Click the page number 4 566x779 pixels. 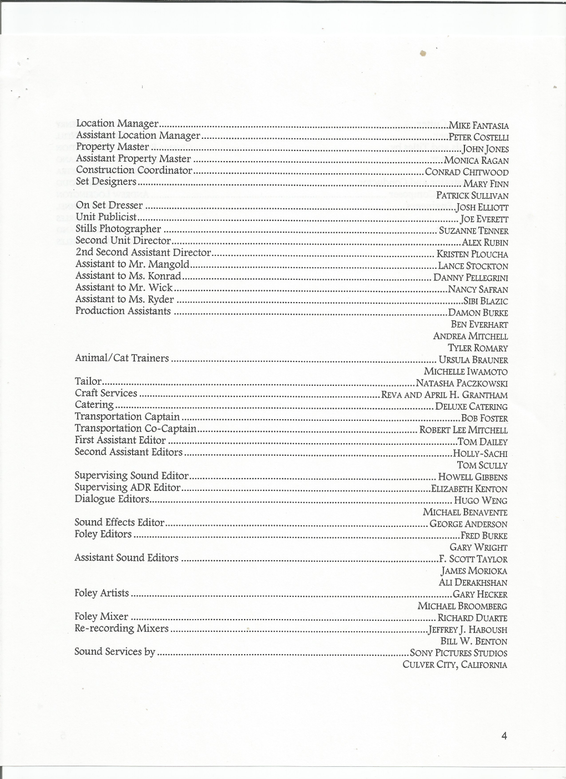tap(504, 736)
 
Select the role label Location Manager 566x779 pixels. tap(118, 123)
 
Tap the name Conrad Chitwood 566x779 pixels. tap(467, 172)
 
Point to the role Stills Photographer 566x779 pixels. tap(118, 229)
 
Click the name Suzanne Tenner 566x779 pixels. tap(473, 230)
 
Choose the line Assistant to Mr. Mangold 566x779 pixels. tap(132, 264)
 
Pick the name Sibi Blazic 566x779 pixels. tap(486, 301)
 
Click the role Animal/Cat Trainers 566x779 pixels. tap(122, 358)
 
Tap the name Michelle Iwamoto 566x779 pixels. tap(466, 371)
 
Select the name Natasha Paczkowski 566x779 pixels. tap(462, 383)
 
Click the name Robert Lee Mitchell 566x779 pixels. tap(463, 430)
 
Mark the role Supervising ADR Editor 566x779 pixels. tap(128, 487)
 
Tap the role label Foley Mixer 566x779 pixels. tap(101, 616)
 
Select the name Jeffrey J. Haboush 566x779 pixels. tap(468, 630)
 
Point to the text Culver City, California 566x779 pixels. tap(454, 665)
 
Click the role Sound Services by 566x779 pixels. tap(115, 651)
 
